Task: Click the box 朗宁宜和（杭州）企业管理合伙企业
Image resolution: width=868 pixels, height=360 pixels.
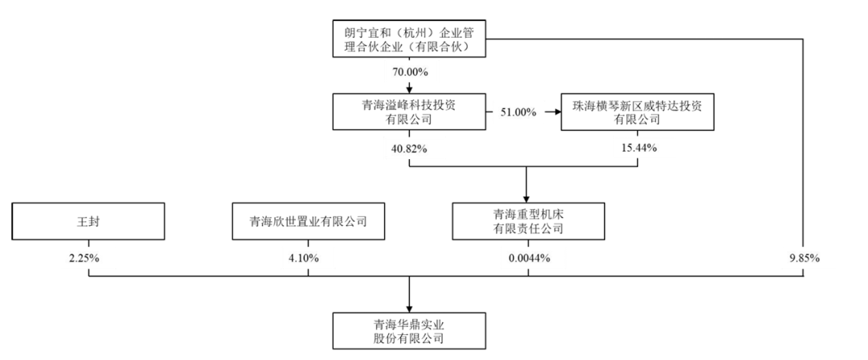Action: (409, 39)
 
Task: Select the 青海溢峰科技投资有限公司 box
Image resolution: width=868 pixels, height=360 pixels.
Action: (409, 112)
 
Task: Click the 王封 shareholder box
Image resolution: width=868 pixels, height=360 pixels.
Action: (88, 221)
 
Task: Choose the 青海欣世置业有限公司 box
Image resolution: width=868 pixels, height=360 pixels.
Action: (309, 221)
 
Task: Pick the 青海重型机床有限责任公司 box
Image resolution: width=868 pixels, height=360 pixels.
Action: (527, 221)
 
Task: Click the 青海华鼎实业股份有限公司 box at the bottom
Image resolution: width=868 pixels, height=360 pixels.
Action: (409, 331)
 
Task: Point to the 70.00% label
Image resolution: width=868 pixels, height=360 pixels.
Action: (409, 72)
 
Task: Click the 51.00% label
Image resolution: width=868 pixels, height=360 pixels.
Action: (518, 112)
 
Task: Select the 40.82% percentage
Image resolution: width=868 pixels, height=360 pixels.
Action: (409, 148)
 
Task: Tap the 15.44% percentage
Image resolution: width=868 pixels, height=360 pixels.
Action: (638, 148)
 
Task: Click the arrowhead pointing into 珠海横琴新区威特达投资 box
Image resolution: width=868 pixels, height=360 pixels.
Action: (556, 112)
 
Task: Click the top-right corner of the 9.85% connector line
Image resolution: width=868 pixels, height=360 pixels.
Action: (803, 39)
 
